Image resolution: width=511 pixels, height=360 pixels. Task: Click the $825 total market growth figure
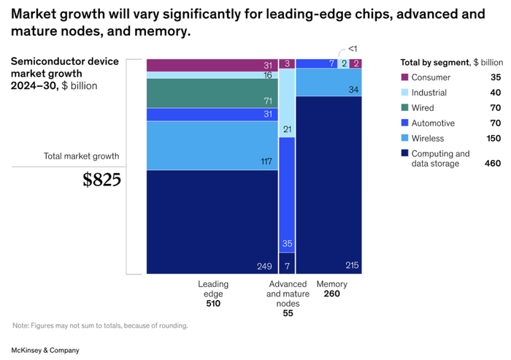coord(101,180)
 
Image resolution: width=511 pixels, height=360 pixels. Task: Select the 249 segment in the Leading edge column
coord(212,222)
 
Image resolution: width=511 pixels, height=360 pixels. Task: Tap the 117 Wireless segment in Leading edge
coord(212,145)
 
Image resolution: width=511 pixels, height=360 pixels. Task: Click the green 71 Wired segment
coord(212,93)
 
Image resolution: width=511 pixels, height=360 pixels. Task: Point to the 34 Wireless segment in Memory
coord(328,82)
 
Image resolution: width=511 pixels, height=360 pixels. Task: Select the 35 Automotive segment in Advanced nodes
coord(287,194)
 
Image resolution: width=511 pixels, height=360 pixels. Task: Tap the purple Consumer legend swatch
coord(404,77)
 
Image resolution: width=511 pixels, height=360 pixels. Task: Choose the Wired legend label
coord(423,108)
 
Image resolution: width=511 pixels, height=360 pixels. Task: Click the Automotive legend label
coord(433,123)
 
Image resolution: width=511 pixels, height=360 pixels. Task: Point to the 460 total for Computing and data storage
coord(493,164)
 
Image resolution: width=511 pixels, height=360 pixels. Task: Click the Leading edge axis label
coord(213,288)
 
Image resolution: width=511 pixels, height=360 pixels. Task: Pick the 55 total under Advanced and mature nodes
coord(287,313)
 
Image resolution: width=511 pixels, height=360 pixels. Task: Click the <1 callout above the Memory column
coord(352,48)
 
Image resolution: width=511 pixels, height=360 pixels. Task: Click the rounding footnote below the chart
coord(100,326)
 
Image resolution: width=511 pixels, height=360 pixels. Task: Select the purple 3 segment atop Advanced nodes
coord(287,64)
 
